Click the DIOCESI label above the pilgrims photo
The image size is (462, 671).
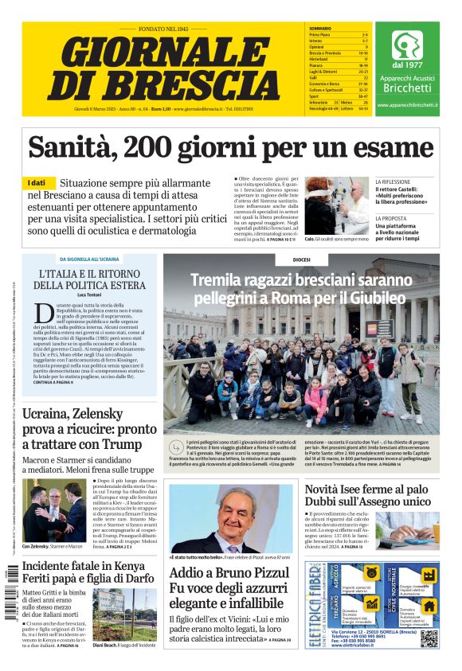tap(301, 259)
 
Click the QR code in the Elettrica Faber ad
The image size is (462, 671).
tap(429, 638)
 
